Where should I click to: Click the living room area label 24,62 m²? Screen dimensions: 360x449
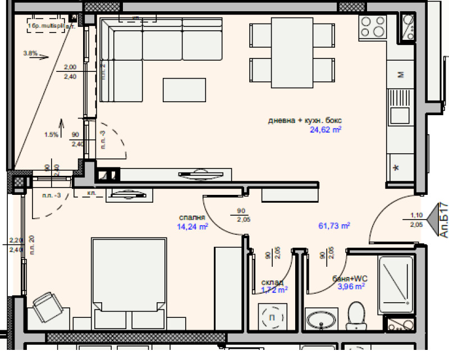coord(326,130)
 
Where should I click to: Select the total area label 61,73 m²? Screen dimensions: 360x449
coord(334,226)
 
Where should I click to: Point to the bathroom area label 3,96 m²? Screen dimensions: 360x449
coord(351,286)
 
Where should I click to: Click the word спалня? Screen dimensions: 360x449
coord(192,218)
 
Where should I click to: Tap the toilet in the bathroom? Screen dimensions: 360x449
coord(356,316)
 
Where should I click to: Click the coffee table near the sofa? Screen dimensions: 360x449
coord(184,89)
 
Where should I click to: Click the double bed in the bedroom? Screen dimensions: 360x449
coord(129,284)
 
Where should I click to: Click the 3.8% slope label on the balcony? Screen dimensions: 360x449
coord(30,53)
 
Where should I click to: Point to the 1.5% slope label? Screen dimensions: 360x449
coord(51,134)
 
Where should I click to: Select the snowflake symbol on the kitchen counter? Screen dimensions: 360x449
coord(396,167)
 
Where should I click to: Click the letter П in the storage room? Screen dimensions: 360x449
coord(273,318)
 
